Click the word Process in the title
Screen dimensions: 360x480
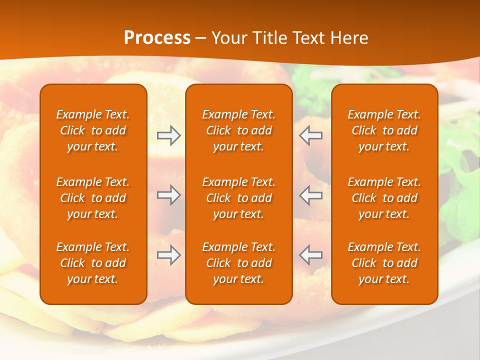click(157, 38)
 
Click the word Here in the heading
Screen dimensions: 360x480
click(350, 38)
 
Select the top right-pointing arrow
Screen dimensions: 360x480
click(169, 135)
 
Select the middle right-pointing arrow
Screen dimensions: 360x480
click(169, 195)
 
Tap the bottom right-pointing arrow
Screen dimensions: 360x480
click(169, 255)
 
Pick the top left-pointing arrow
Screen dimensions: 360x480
click(310, 135)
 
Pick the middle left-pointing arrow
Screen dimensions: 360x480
click(310, 195)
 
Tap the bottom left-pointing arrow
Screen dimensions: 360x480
click(310, 255)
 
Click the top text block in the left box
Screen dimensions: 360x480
click(93, 130)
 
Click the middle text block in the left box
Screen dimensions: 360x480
click(93, 198)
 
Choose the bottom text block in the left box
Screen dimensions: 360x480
click(93, 263)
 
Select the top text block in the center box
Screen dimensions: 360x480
click(238, 130)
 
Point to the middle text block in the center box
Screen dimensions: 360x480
click(238, 198)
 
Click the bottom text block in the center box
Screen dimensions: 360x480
click(238, 263)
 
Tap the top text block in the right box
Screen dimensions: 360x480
click(384, 130)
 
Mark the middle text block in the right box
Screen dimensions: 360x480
click(384, 198)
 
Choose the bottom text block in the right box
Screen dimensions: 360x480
click(384, 263)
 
